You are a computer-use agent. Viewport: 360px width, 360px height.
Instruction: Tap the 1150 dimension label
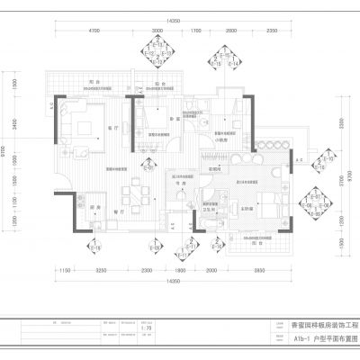[x=65, y=271]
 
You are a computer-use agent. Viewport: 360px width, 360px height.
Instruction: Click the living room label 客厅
[x=112, y=128]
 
